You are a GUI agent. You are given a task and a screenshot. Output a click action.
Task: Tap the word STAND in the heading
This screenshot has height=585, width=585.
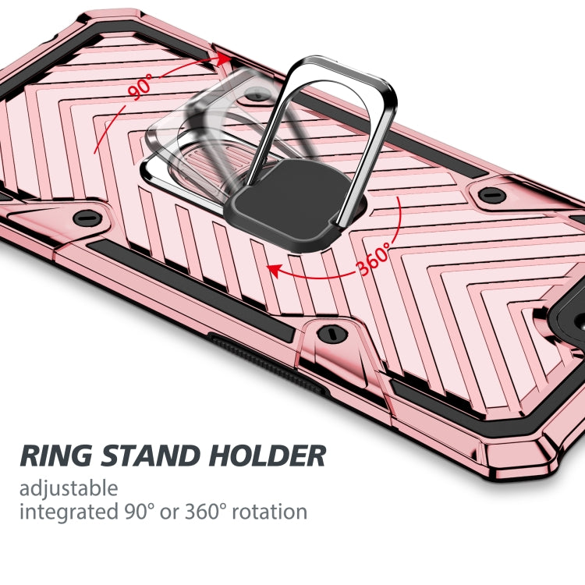click(x=147, y=455)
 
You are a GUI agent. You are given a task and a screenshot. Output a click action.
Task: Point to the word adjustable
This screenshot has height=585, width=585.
click(x=69, y=489)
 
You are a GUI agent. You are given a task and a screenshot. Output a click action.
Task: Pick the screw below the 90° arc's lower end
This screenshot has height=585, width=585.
click(x=87, y=218)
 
